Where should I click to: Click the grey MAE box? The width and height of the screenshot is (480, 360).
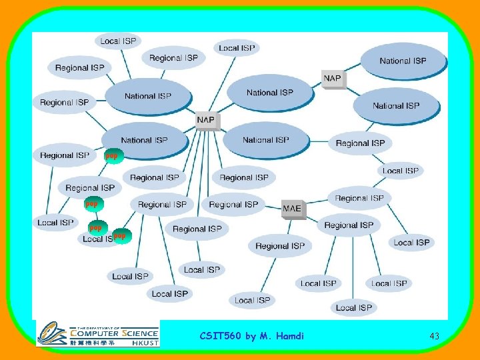click(292, 209)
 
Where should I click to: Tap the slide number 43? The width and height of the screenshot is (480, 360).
click(434, 336)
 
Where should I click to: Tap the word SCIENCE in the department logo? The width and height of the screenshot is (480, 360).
click(140, 333)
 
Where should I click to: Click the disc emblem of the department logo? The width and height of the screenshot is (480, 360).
click(52, 333)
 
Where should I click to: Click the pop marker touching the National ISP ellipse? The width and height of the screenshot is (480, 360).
click(111, 155)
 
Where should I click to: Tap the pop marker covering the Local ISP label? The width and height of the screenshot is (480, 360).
click(119, 235)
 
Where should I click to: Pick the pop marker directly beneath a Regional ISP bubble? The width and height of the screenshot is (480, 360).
click(91, 203)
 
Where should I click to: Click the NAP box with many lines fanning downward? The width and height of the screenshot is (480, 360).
click(206, 120)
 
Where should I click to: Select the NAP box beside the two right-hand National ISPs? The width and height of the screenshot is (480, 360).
click(332, 79)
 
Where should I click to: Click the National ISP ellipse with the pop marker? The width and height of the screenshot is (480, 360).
click(144, 140)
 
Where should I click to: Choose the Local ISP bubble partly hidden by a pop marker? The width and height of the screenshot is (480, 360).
click(98, 238)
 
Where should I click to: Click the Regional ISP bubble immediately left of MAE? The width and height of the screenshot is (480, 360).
click(235, 204)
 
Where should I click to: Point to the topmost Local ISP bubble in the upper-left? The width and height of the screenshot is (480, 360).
click(118, 41)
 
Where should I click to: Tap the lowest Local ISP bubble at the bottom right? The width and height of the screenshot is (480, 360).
click(354, 307)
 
